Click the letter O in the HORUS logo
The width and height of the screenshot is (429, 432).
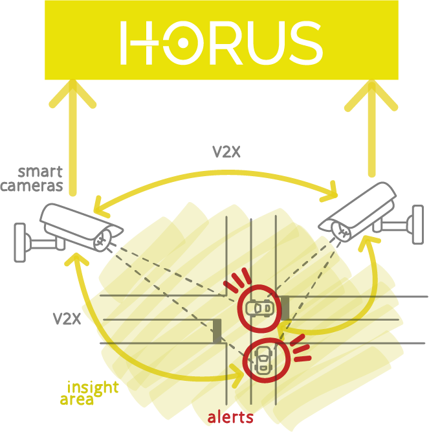[183, 43]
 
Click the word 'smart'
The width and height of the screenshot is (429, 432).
[40, 172]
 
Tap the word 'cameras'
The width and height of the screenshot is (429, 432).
[32, 186]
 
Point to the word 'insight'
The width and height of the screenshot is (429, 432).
[93, 387]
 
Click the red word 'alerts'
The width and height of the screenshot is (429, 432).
[230, 417]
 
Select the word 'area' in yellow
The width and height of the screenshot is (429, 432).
[76, 400]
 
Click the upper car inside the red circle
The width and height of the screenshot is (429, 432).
[261, 308]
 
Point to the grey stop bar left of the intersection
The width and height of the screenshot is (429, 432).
[217, 330]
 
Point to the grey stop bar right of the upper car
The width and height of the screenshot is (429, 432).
[285, 307]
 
